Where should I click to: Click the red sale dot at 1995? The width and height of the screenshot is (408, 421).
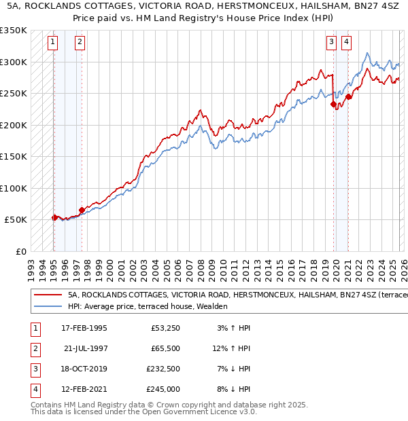(x=54, y=218)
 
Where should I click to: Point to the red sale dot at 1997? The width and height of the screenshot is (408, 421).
(x=82, y=210)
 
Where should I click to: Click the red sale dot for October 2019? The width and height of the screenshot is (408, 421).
(x=333, y=105)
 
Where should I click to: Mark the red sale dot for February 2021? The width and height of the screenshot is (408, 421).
(x=348, y=96)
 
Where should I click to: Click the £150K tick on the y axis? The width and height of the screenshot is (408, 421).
(x=14, y=156)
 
